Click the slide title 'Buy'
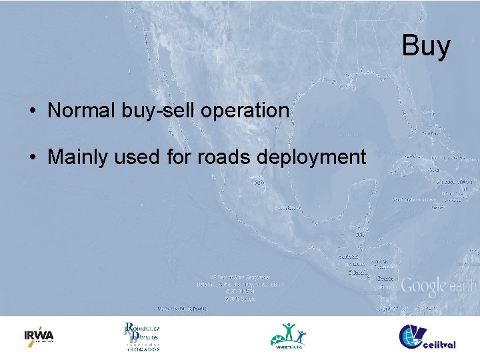tap(426, 47)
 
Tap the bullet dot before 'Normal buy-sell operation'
tap(32, 111)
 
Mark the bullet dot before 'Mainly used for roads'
tap(32, 158)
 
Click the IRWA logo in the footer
tap(39, 336)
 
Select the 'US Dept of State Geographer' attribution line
tap(240, 277)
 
